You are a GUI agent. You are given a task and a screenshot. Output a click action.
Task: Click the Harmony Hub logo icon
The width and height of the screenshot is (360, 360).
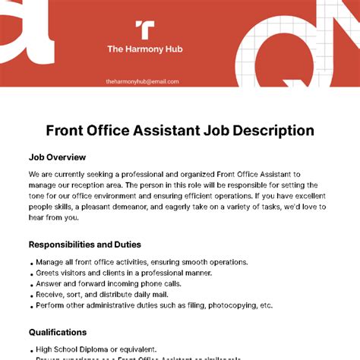pos(144,30)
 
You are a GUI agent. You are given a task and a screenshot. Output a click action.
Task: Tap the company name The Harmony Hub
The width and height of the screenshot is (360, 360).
pos(144,50)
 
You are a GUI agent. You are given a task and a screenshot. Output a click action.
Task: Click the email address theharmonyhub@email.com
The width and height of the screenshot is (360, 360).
pos(143,81)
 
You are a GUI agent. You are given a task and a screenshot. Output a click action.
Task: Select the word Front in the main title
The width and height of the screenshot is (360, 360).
pos(65,131)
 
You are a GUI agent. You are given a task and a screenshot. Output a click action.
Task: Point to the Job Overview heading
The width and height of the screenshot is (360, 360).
pos(58,157)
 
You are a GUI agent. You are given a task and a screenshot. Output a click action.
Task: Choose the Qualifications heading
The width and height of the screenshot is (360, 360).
pos(58,332)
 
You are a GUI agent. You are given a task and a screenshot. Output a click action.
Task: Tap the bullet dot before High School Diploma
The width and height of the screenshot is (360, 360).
pos(30,349)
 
